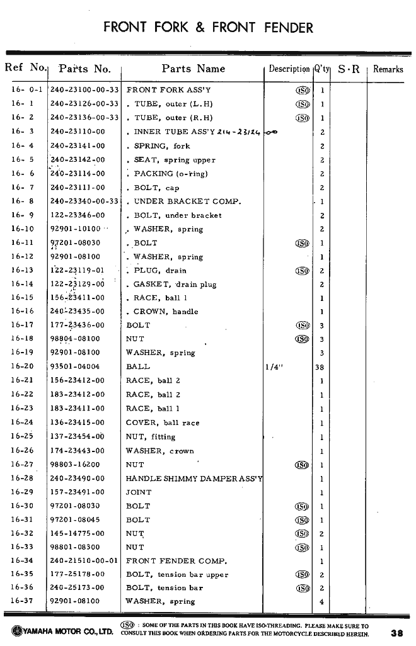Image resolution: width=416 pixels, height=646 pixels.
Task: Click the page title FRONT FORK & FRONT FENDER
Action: pos(208,28)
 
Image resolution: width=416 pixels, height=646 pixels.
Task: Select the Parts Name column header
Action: pos(193,69)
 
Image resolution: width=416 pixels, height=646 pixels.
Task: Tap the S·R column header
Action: pos(349,69)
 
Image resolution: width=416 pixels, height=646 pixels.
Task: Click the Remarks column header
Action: pos(388,69)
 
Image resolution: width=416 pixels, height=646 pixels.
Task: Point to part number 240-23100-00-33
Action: pos(84,90)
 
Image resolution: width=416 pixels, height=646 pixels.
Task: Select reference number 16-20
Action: pos(22,366)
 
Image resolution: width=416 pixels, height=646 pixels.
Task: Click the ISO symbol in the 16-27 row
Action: pos(302,465)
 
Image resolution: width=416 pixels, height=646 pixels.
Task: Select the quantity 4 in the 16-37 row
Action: pos(321,602)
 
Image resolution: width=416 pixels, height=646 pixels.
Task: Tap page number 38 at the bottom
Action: pos(396,633)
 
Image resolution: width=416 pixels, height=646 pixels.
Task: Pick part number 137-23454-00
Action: pos(77,437)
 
